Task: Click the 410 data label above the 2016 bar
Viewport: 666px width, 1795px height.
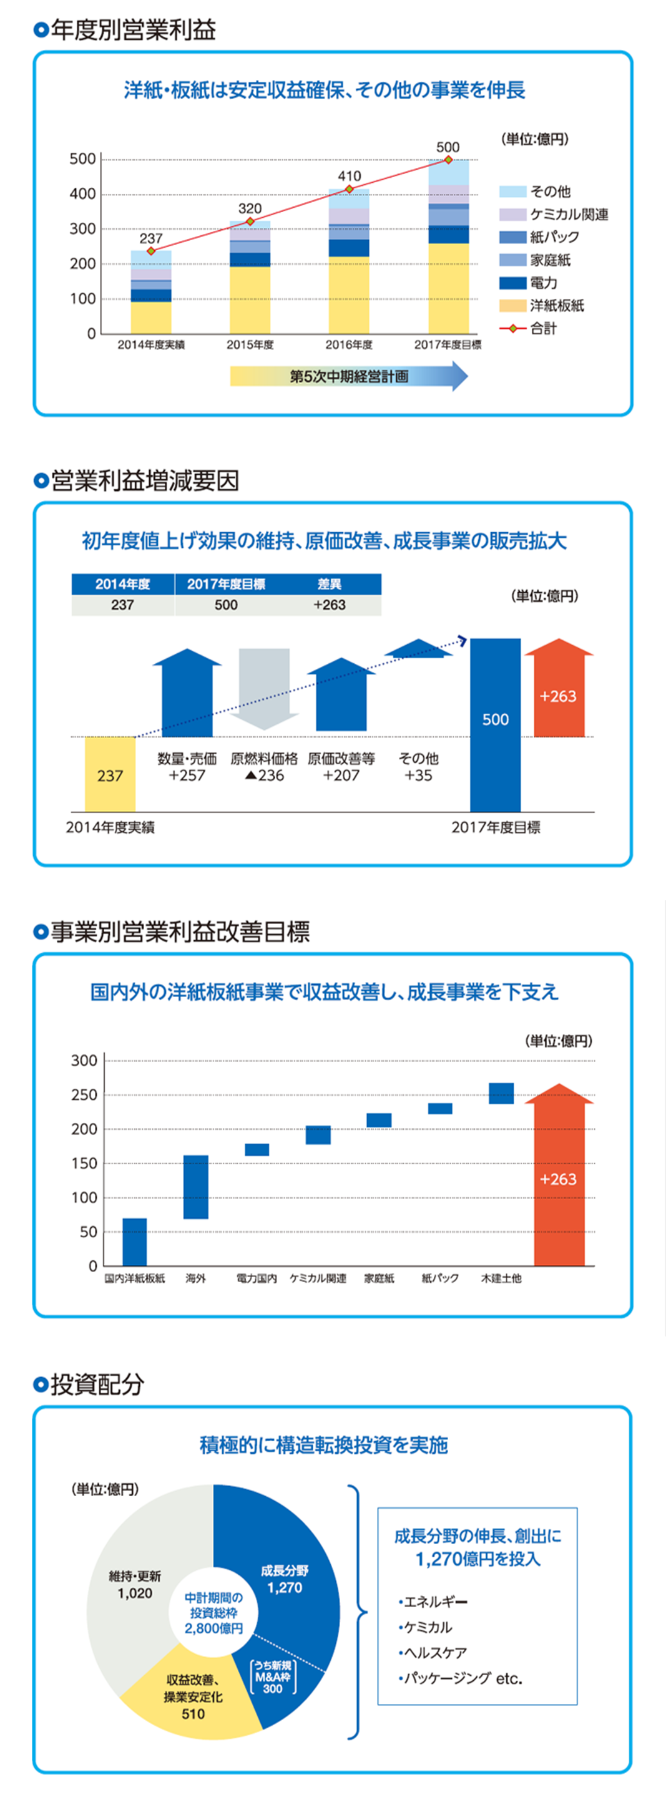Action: pos(350,177)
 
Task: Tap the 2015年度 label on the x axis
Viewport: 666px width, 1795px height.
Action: pos(250,345)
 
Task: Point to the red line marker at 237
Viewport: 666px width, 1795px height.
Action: pos(150,251)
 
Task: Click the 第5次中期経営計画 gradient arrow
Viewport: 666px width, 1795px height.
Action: pos(349,377)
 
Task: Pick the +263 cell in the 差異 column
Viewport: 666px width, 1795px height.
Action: pos(329,605)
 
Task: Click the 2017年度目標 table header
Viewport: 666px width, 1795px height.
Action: pos(226,584)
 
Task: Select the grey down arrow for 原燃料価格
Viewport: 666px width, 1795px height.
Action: pos(263,686)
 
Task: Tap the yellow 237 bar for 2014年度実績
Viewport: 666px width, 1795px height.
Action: pos(110,774)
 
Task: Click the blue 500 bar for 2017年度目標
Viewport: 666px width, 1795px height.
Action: pos(495,725)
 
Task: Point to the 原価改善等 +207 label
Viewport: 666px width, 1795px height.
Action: pos(341,767)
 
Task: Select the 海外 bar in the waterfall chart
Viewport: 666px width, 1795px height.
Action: pos(196,1187)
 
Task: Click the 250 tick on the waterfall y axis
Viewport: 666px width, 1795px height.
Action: pos(84,1095)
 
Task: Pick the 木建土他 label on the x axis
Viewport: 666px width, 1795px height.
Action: pos(501,1278)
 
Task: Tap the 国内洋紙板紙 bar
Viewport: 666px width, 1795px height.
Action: pos(135,1242)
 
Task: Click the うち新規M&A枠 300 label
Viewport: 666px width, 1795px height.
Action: pos(273,1676)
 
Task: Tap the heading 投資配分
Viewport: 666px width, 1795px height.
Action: pos(97,1383)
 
